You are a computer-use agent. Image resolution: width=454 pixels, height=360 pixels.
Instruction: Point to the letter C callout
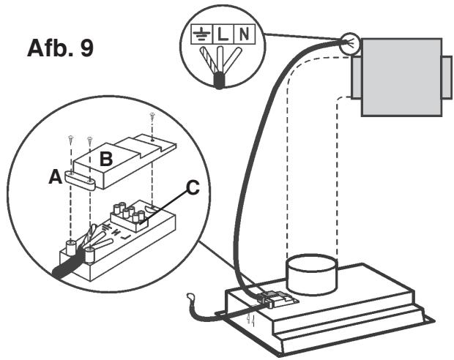pos(192,188)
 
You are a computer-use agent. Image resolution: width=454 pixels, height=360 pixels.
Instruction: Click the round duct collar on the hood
pos(311,273)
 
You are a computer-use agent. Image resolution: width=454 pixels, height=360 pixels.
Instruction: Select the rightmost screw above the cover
pos(152,116)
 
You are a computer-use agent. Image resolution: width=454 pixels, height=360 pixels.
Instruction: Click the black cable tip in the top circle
pos(220,81)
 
